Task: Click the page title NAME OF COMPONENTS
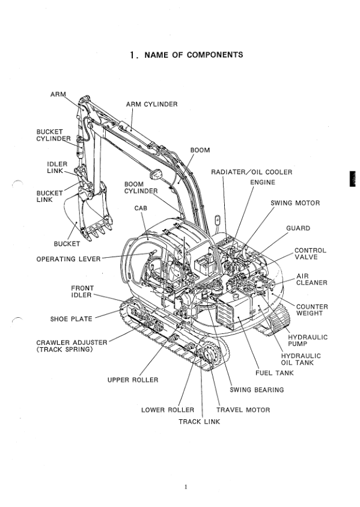point(186,55)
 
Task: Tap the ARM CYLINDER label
point(151,104)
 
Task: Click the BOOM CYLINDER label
point(141,187)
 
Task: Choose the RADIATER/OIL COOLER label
point(251,172)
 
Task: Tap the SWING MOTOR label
point(294,203)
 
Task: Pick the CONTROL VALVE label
point(310,253)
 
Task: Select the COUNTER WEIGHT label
point(312,311)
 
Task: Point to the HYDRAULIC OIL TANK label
point(301,359)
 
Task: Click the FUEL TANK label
point(274,373)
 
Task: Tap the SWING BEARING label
point(257,390)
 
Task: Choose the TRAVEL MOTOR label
point(243,410)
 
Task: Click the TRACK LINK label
point(199,421)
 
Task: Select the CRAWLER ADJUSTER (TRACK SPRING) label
point(72,346)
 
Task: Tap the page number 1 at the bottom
point(186,486)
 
